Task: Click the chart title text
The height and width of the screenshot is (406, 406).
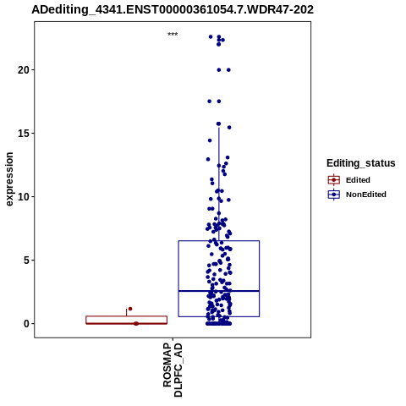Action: tap(173, 9)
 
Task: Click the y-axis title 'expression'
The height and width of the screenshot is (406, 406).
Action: tap(9, 179)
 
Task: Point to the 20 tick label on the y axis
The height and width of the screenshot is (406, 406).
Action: tap(24, 70)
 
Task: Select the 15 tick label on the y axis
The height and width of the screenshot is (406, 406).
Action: tap(24, 134)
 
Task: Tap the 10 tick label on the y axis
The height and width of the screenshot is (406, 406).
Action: tap(24, 197)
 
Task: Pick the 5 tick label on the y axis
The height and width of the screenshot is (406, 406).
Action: tap(27, 261)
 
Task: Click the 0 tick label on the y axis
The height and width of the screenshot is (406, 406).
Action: tap(27, 324)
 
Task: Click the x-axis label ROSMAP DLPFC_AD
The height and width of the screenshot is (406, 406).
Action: tap(173, 370)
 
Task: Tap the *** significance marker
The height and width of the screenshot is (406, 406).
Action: tap(173, 35)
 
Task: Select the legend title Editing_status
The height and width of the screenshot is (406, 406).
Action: tap(361, 163)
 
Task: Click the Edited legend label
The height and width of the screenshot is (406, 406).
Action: tap(358, 180)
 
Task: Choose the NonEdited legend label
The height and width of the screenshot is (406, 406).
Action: tap(366, 195)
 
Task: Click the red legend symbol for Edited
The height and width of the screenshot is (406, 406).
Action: tap(334, 180)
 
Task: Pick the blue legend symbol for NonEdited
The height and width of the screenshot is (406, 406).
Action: tap(334, 195)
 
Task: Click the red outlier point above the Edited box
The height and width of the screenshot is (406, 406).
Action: tap(130, 309)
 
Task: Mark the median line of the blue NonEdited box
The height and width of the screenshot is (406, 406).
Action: tap(219, 291)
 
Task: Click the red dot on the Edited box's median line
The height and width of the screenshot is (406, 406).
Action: tap(136, 323)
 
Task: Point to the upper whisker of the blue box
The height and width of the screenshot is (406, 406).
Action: tap(219, 184)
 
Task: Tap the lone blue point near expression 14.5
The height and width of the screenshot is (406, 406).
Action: tap(210, 140)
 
